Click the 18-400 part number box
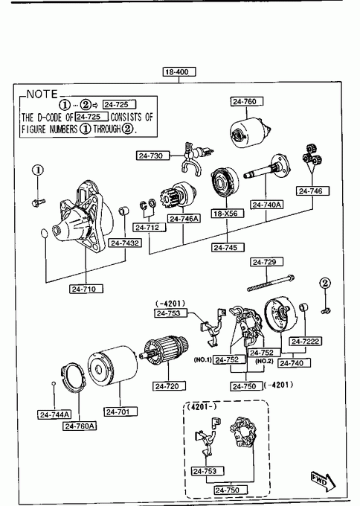coord(179,71)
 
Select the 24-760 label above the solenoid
coord(246,101)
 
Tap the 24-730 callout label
coord(153,156)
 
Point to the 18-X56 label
coord(228,214)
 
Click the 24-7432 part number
coord(125,243)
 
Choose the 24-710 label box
coord(86,289)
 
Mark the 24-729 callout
coord(266,262)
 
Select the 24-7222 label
coord(305,341)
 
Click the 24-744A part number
coord(54,414)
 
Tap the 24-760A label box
coord(80,426)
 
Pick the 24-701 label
coord(120,411)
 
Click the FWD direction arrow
coord(323,482)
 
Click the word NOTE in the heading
coord(42,95)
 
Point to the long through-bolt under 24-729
coord(270,283)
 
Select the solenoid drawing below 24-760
coord(251,134)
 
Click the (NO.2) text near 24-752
coord(264,361)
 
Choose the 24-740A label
coord(266,205)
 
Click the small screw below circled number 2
coord(326,311)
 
